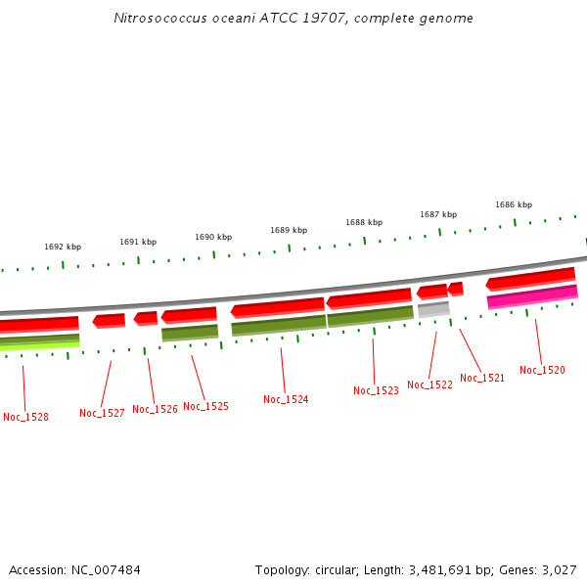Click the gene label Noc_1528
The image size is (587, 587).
[25, 417]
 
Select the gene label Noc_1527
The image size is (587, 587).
[102, 413]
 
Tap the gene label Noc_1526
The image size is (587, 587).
[155, 409]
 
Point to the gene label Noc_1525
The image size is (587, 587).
[205, 406]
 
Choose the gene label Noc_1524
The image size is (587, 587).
[286, 399]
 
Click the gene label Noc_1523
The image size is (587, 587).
[376, 390]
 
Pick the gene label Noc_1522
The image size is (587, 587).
[429, 384]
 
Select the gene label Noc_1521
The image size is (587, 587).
[482, 378]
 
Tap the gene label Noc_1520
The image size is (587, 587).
[542, 370]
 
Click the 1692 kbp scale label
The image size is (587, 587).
[63, 248]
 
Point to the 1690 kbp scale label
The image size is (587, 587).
[213, 237]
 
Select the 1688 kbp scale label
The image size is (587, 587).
[364, 222]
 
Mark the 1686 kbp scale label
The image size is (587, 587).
[514, 204]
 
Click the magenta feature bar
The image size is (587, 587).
[532, 296]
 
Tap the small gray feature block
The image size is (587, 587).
[433, 310]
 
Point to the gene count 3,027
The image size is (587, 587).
[558, 569]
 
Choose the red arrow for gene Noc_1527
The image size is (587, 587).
[109, 320]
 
